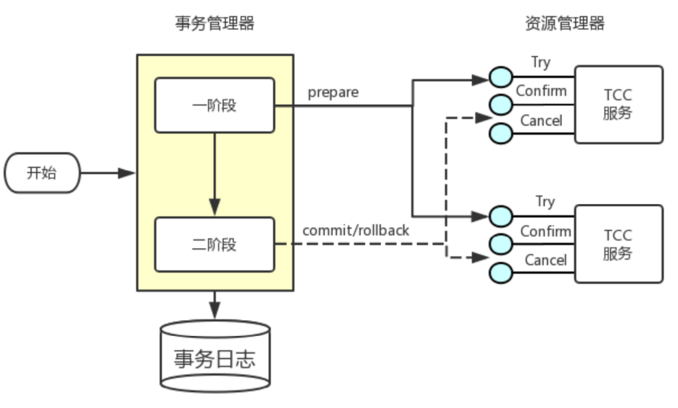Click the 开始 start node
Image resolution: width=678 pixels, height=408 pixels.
[x=42, y=173]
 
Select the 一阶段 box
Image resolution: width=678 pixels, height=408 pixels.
[x=214, y=105]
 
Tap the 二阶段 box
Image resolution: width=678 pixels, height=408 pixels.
[x=214, y=245]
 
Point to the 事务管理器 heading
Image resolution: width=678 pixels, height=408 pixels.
[x=214, y=24]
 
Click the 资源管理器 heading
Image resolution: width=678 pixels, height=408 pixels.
[x=565, y=24]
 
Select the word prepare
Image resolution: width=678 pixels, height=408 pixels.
[x=333, y=92]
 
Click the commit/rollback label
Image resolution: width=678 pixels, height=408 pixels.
[x=355, y=231]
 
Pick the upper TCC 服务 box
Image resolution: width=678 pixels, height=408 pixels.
[x=618, y=104]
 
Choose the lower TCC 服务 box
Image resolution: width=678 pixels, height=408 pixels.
[x=618, y=244]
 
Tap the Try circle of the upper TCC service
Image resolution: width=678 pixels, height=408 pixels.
[x=500, y=77]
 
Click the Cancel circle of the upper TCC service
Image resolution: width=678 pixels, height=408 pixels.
[x=500, y=133]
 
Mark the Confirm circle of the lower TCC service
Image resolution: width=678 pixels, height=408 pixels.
[x=500, y=243]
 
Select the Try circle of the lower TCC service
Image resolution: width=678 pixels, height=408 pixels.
[x=500, y=216]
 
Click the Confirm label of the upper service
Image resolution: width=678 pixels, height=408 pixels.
[x=541, y=92]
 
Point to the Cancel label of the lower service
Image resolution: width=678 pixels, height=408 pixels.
[x=545, y=260]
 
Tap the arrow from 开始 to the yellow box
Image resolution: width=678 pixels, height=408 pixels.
[x=108, y=173]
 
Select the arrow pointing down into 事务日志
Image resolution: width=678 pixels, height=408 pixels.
[x=214, y=304]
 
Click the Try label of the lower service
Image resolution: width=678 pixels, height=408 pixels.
[x=545, y=202]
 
